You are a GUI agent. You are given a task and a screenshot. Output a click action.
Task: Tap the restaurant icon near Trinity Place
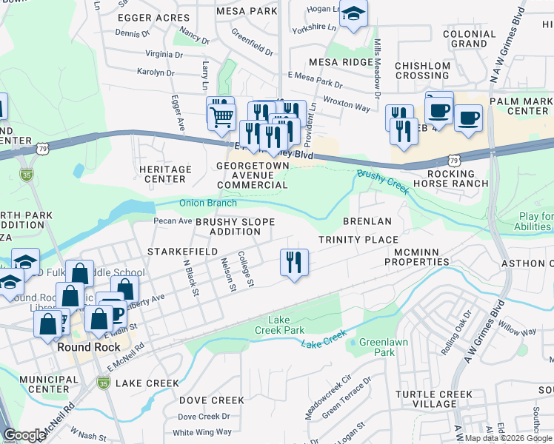pos(294,261)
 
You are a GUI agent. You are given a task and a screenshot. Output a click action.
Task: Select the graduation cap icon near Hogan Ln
pos(354,13)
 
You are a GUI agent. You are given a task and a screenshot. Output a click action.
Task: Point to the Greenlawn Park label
pos(377,347)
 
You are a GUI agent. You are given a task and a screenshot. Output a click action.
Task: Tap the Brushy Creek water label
pos(383,182)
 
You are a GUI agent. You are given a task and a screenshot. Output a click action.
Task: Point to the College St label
pos(246,269)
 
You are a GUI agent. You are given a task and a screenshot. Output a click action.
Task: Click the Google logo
pos(24,435)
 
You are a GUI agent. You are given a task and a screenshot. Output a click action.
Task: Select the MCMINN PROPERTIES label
pos(416,256)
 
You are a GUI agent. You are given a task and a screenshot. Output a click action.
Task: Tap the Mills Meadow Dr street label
pos(378,69)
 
